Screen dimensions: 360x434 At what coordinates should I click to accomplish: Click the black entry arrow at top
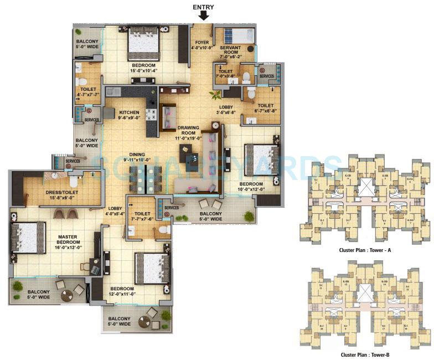coord(204,16)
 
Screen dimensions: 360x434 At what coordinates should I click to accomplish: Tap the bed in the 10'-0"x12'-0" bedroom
coord(261,159)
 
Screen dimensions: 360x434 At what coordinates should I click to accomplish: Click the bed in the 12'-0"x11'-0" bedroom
coord(152,268)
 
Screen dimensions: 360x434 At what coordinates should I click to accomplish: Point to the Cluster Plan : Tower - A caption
coord(365,250)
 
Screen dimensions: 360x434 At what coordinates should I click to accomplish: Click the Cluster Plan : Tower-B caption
coord(365,354)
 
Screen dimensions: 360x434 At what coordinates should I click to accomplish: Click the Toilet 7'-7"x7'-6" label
coord(142,215)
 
